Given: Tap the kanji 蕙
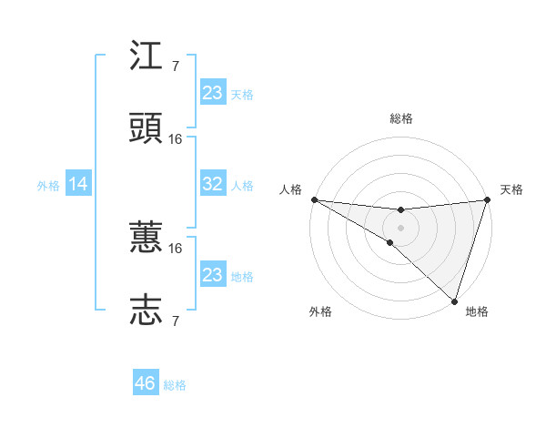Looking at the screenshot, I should tap(147, 238).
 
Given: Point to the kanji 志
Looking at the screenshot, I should tap(147, 310).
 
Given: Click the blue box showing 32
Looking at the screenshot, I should tap(212, 184).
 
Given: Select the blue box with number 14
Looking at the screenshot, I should tap(78, 184).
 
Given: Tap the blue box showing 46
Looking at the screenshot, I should tap(146, 383).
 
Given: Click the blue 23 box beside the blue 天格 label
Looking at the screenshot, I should tap(212, 92).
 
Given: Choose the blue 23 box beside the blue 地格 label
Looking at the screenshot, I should tap(212, 274).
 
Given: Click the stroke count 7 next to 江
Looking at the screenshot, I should tap(176, 66).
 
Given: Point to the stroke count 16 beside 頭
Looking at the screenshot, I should tap(176, 139).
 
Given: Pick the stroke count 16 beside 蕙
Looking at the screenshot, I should tap(176, 248).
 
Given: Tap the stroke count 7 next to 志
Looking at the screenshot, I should tap(176, 321).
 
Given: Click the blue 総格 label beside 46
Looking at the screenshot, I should tap(175, 385).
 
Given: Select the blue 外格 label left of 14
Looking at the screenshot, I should tap(48, 185).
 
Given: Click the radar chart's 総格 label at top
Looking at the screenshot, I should tap(401, 118).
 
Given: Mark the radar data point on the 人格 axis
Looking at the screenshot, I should tap(314, 199).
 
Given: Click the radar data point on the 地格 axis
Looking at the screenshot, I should tap(455, 301).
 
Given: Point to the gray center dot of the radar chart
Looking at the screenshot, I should tap(401, 227).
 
